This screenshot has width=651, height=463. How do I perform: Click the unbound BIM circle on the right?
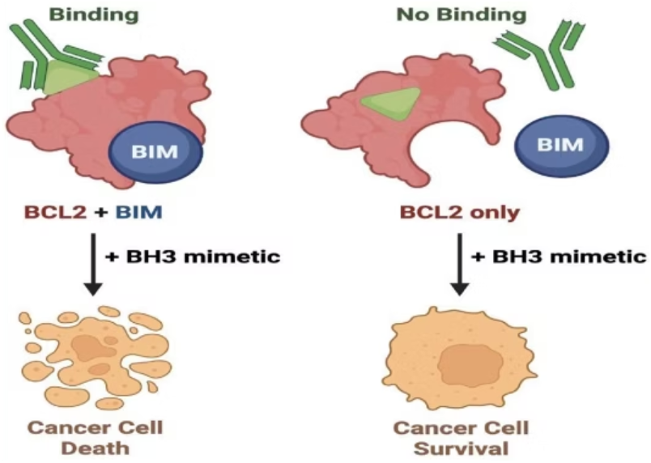point(560,144)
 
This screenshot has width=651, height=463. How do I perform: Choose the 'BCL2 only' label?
point(460,214)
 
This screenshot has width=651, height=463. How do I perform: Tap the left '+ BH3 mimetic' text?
point(193,257)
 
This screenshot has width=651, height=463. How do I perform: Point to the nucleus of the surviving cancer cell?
point(462,364)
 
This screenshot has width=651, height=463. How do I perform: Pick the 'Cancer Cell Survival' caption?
point(459,435)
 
